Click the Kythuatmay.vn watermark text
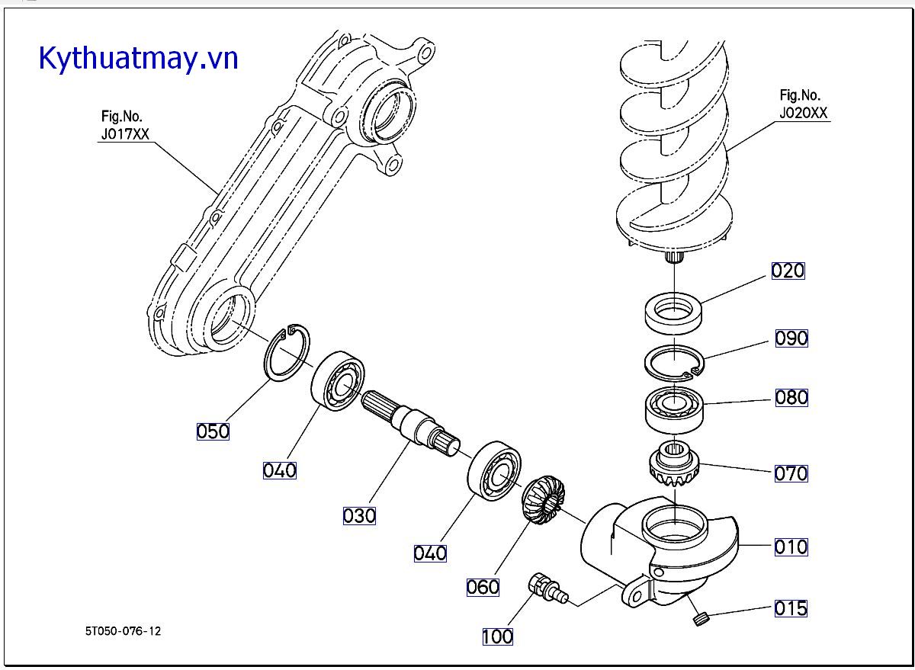[x=138, y=58]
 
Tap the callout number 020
[x=788, y=271]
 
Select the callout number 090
[x=791, y=338]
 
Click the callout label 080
[x=791, y=397]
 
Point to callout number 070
[x=791, y=473]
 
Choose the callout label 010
[x=791, y=547]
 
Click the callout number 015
[x=791, y=608]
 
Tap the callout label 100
[x=497, y=636]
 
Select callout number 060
[x=483, y=587]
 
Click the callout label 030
[x=359, y=516]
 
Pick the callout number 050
[x=213, y=431]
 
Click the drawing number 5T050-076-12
[x=124, y=631]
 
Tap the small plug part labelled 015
[x=700, y=618]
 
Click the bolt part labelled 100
[x=547, y=590]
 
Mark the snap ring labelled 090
[x=675, y=361]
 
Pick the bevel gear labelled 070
[x=674, y=465]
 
